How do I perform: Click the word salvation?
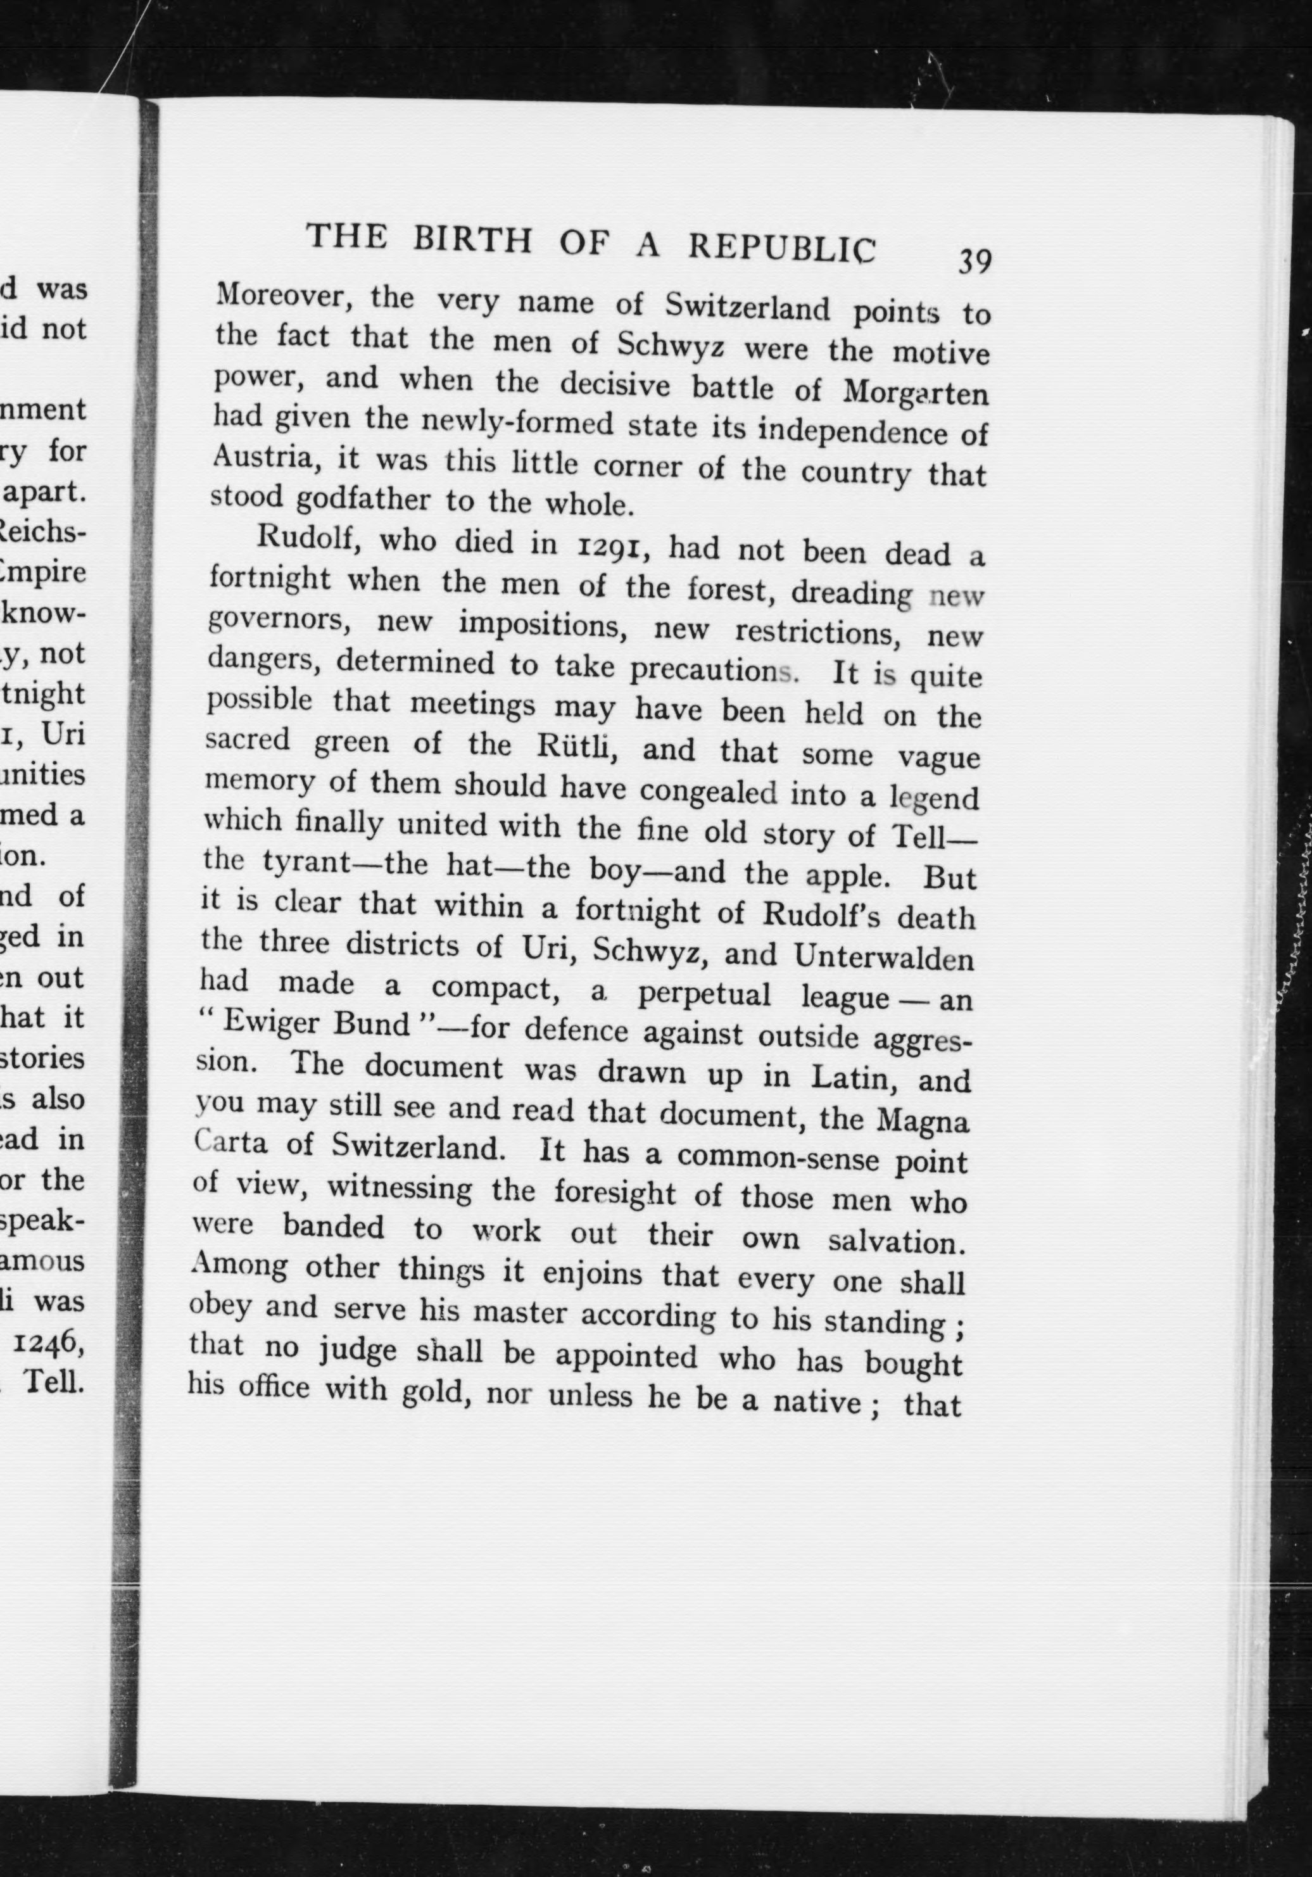tap(897, 1241)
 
